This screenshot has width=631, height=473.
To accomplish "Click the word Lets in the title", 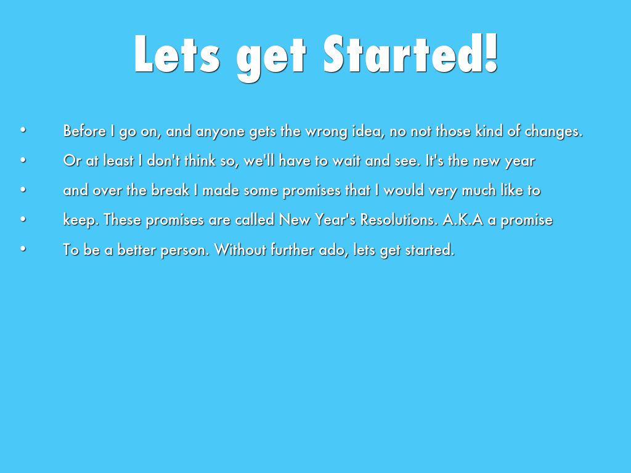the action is pos(177,54).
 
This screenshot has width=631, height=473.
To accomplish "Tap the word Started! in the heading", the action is pos(411,54).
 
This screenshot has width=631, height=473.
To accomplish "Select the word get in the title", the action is pos(271,59).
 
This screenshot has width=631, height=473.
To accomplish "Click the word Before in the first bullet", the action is pos(84,131).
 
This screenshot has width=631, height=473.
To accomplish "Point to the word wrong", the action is pos(327,132).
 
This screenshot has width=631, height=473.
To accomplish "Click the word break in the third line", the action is pos(170,190).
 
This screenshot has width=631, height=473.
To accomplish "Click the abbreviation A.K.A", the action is pos(463,220).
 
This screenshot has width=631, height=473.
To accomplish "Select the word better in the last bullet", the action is pos(136,249).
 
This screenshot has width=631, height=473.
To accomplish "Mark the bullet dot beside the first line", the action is pos(23,131).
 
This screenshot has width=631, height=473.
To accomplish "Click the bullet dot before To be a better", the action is pos(23,249).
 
